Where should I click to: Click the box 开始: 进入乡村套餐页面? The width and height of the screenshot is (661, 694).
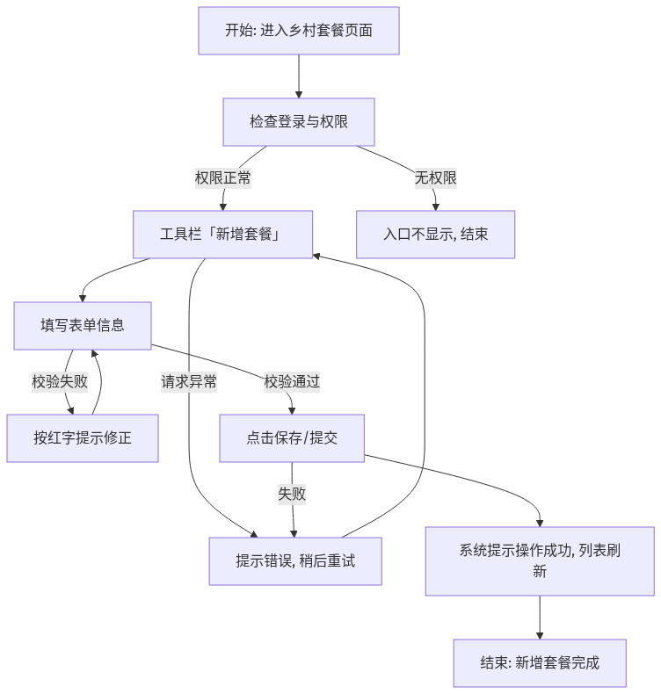pyautogui.click(x=299, y=31)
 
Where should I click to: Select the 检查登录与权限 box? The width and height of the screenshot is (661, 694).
pyautogui.click(x=299, y=122)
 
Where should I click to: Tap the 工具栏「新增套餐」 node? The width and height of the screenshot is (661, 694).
pyautogui.click(x=222, y=235)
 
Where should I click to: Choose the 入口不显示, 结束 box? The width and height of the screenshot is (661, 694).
pyautogui.click(x=436, y=235)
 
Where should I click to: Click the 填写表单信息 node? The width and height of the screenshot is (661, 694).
pyautogui.click(x=83, y=326)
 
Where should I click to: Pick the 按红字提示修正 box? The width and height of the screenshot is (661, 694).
pyautogui.click(x=83, y=438)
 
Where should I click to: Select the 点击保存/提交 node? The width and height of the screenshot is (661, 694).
pyautogui.click(x=292, y=438)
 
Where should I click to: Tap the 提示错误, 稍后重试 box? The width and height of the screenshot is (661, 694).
pyautogui.click(x=295, y=561)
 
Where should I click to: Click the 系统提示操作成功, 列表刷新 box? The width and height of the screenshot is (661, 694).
pyautogui.click(x=540, y=561)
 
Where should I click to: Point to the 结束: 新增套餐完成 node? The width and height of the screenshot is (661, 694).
pyautogui.click(x=540, y=663)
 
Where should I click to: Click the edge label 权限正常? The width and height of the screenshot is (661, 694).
pyautogui.click(x=222, y=178)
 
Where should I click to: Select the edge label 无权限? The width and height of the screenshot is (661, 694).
pyautogui.click(x=436, y=178)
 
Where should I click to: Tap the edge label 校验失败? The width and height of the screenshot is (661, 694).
pyautogui.click(x=60, y=381)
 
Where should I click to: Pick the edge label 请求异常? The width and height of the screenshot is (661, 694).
pyautogui.click(x=189, y=381)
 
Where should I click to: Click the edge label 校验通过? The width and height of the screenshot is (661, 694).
pyautogui.click(x=292, y=381)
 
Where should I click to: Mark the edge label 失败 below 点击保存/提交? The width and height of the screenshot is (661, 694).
pyautogui.click(x=292, y=494)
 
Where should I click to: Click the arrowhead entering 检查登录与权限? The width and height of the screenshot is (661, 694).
pyautogui.click(x=299, y=95)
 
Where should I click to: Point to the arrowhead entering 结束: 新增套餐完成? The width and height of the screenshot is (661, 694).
pyautogui.click(x=540, y=636)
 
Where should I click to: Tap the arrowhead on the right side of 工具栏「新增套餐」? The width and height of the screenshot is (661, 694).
pyautogui.click(x=316, y=257)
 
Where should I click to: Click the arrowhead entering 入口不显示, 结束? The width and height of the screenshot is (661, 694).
pyautogui.click(x=436, y=207)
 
